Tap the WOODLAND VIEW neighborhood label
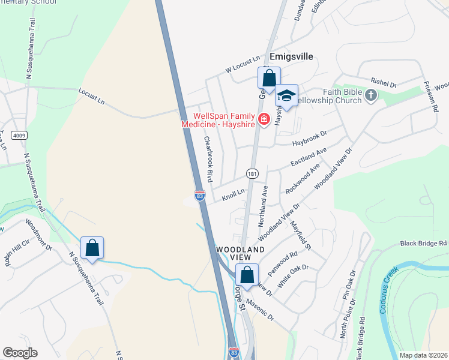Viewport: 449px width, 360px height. (240, 254)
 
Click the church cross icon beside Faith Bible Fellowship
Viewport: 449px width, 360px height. (372, 95)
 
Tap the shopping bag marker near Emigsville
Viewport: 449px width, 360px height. (269, 78)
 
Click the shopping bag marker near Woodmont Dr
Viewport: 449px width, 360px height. (92, 248)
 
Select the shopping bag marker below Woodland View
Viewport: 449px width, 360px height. (247, 275)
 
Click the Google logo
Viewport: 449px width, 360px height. (20, 353)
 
